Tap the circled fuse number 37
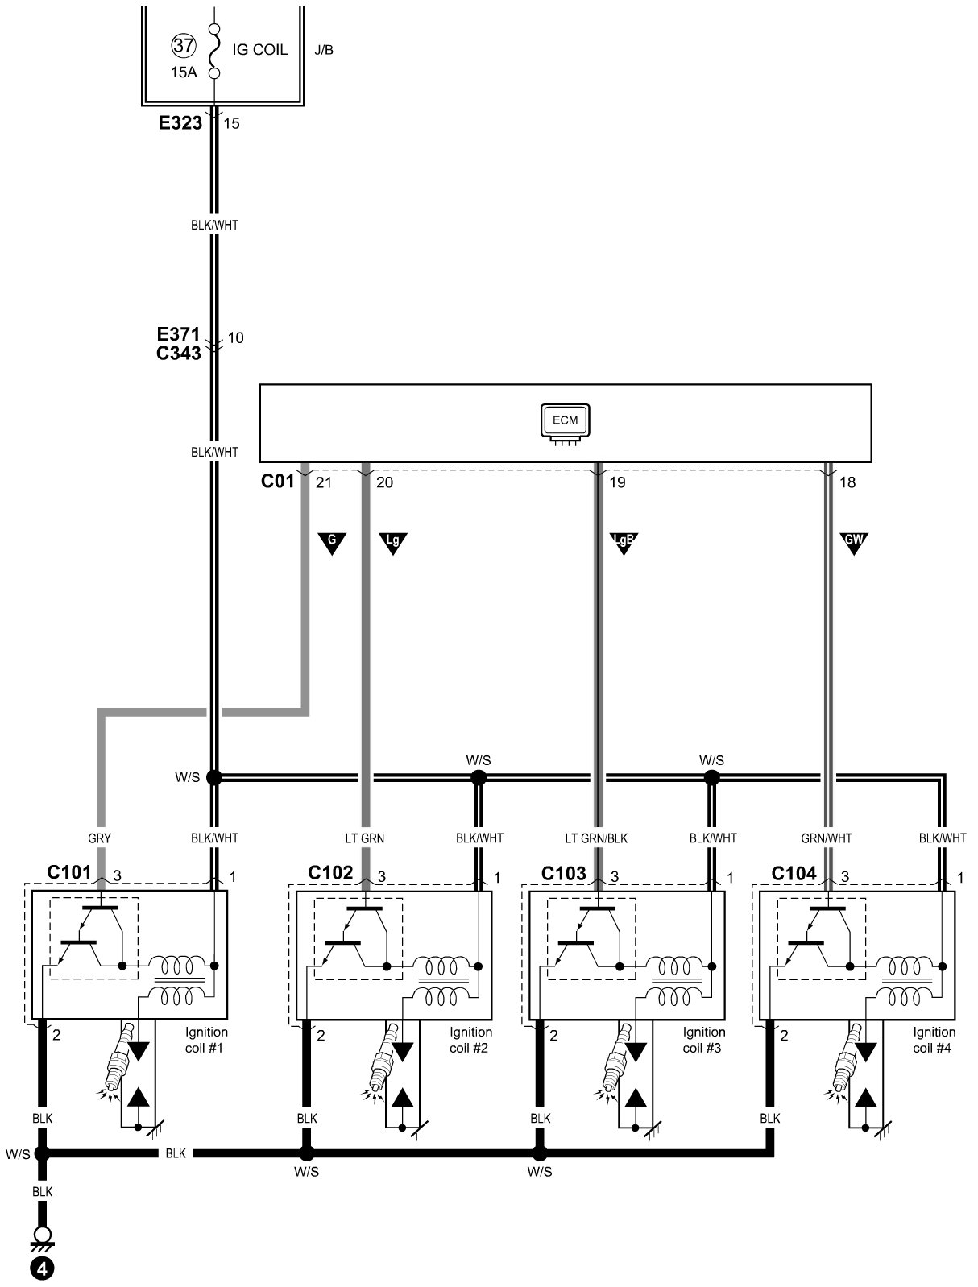tap(183, 46)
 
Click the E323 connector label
tap(180, 123)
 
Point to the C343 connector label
tap(179, 353)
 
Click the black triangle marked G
tap(331, 543)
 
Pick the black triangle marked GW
tap(853, 543)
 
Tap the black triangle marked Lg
tap(393, 543)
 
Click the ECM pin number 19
tap(618, 482)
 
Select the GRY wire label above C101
tap(99, 838)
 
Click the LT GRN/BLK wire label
tap(596, 838)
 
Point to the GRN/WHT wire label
tap(826, 838)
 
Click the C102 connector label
tap(330, 874)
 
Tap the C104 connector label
tap(794, 874)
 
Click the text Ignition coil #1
tap(206, 1040)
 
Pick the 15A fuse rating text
tap(183, 72)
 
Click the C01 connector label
tap(277, 482)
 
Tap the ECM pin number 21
tap(324, 482)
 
